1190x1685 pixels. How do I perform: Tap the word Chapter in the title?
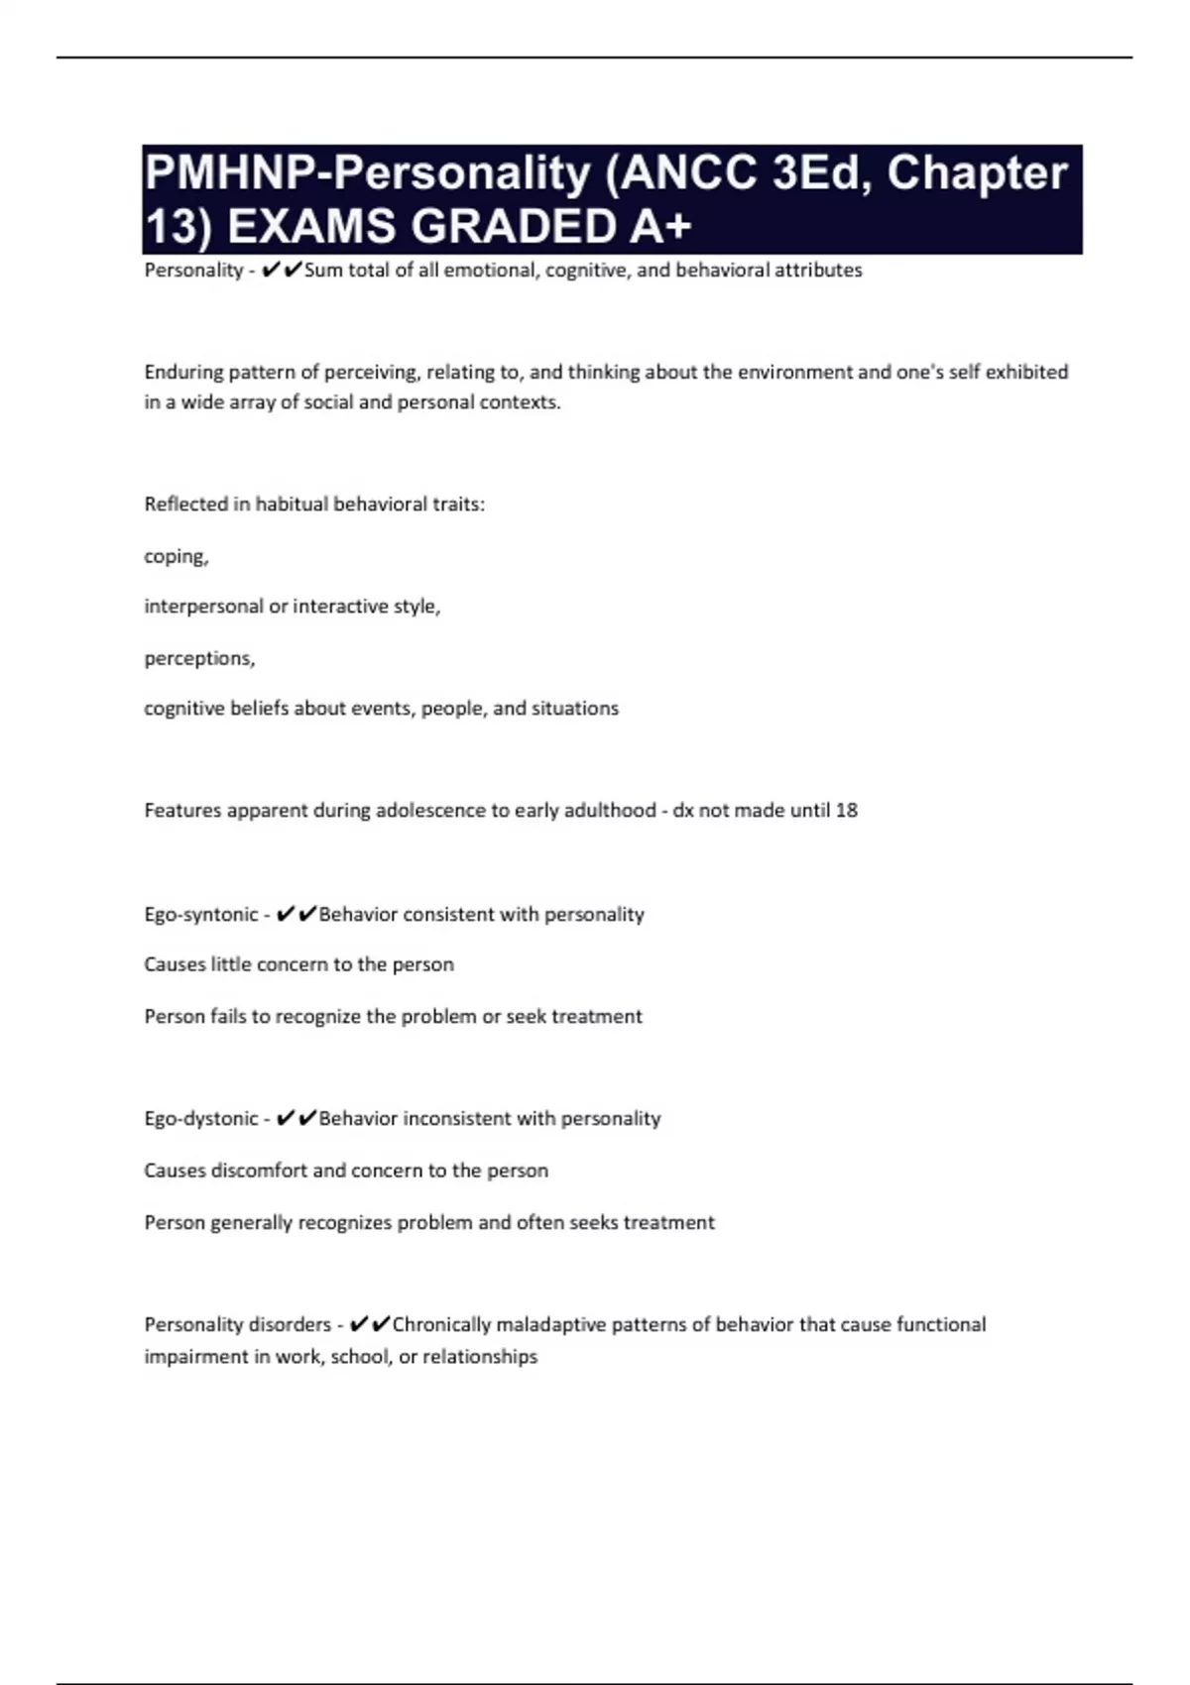pos(977,172)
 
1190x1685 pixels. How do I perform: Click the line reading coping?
pos(177,557)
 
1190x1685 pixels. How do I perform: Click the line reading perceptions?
pos(199,659)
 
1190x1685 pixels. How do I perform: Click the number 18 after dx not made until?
pos(846,811)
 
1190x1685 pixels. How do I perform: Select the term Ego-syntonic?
pos(201,915)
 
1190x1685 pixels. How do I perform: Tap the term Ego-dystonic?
pos(201,1119)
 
